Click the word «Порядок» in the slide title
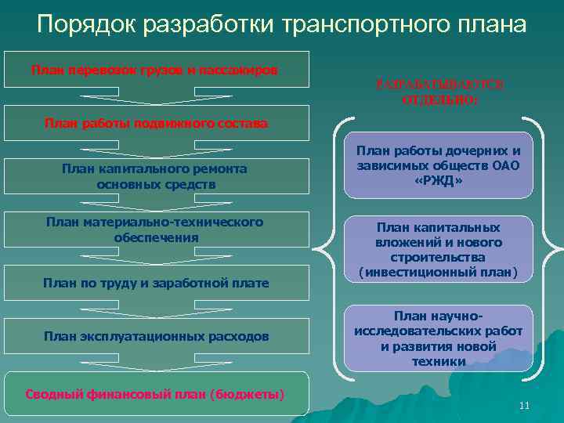[86, 24]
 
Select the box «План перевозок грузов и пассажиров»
[154, 70]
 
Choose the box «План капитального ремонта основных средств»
[154, 176]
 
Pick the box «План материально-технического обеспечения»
[154, 230]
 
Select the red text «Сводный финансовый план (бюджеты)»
[154, 393]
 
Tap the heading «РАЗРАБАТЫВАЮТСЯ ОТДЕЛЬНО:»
[439, 92]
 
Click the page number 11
[524, 405]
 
